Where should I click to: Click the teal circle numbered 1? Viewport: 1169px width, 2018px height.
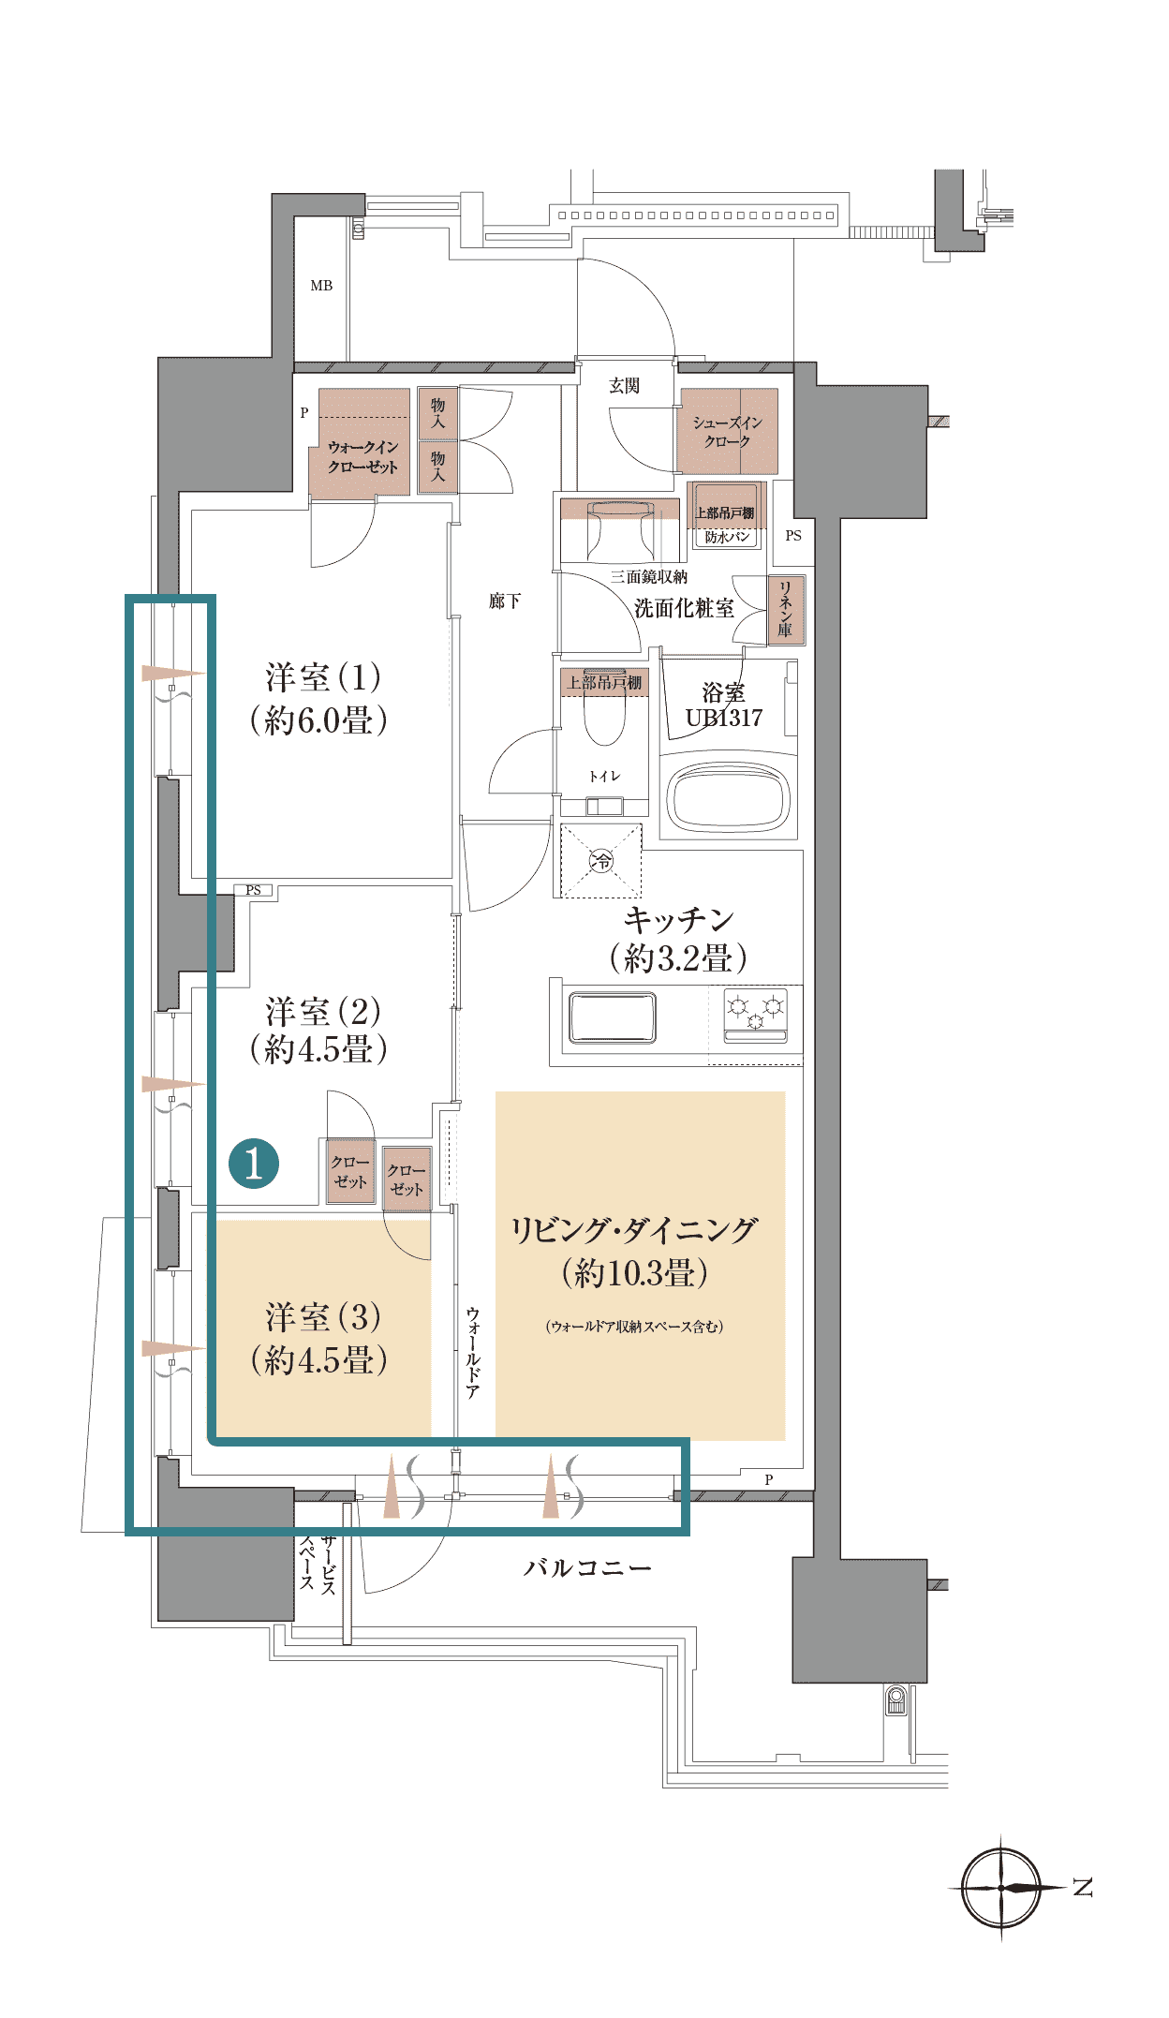tap(254, 1164)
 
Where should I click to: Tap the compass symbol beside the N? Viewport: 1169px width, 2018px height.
tap(1001, 1888)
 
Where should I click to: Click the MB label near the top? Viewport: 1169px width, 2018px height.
tap(321, 286)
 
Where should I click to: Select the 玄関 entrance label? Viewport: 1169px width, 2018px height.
tap(625, 385)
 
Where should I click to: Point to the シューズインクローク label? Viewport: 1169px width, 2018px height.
tap(728, 432)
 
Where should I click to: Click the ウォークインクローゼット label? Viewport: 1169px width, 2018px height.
tap(363, 457)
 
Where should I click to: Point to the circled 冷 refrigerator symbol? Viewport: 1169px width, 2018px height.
tap(601, 860)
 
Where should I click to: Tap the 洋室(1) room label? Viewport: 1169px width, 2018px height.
tap(319, 698)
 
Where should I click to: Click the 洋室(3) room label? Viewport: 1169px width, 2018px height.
tap(319, 1339)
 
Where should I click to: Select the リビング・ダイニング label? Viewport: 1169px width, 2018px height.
tap(634, 1229)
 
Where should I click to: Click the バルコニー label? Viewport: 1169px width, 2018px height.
tap(587, 1567)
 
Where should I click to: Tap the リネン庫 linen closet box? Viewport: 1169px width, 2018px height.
tap(785, 609)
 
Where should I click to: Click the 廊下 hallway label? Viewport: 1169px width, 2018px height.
tap(505, 601)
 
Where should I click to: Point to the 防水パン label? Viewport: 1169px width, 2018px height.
tap(727, 537)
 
